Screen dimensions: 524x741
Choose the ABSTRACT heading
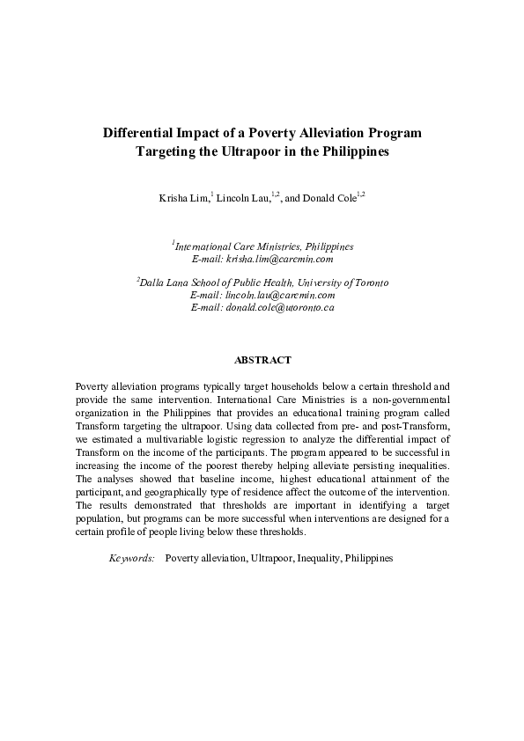pyautogui.click(x=262, y=360)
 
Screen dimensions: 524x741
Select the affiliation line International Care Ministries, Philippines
pyautogui.click(x=263, y=247)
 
